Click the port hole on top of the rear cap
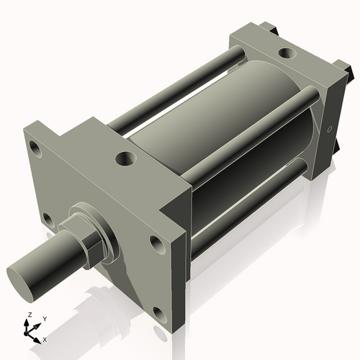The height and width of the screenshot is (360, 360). tap(287, 53)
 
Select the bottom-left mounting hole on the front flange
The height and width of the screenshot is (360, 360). tap(47, 217)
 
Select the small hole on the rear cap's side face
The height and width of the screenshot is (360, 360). tap(330, 130)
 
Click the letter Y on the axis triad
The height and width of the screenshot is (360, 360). tap(45, 318)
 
